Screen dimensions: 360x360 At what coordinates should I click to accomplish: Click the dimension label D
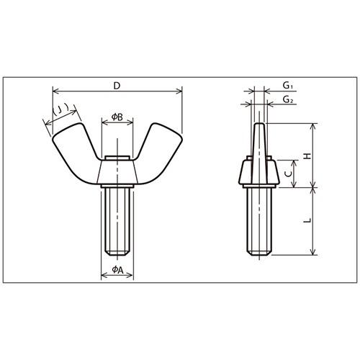[x=117, y=86]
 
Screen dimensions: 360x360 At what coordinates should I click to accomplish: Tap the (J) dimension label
[x=60, y=110]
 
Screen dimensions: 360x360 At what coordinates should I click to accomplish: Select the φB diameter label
[x=117, y=117]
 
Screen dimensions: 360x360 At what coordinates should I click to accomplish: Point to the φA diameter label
[x=117, y=270]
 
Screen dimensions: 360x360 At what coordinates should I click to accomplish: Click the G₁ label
[x=287, y=85]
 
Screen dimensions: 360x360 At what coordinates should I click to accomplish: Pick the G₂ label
[x=288, y=99]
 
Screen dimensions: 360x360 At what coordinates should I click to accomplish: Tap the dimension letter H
[x=307, y=156]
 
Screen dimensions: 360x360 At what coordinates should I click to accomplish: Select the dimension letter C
[x=289, y=174]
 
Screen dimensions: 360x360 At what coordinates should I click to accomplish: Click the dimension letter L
[x=307, y=220]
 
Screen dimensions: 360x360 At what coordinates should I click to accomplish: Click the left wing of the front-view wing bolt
[x=73, y=153]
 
